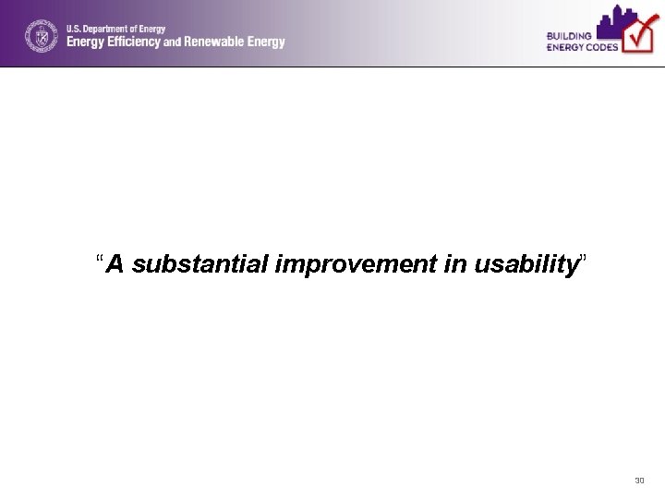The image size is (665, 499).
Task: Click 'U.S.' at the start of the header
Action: pyautogui.click(x=73, y=29)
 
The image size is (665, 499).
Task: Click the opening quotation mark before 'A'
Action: pyautogui.click(x=100, y=260)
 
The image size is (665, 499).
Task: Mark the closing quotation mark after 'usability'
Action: pyautogui.click(x=581, y=260)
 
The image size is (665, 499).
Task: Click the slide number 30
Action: pyautogui.click(x=639, y=481)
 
